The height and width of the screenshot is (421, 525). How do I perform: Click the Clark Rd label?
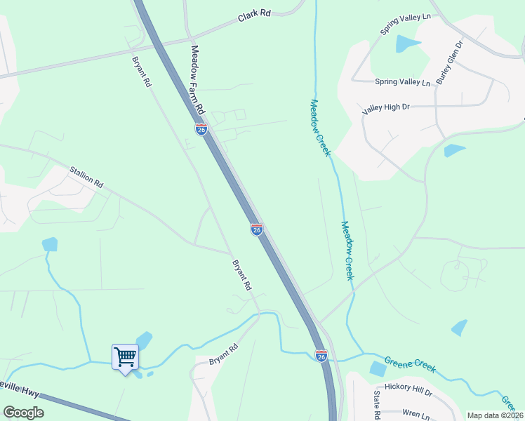coord(254,14)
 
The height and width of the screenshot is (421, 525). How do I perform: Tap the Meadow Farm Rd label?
coord(197,81)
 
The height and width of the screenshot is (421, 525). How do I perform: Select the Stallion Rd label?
coord(86,177)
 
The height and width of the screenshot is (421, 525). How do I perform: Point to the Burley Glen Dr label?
coord(450,62)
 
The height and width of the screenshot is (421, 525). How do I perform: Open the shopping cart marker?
coord(125,357)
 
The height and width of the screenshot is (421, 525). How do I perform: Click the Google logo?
coord(23,413)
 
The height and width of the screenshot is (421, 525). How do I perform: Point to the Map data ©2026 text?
coord(495,415)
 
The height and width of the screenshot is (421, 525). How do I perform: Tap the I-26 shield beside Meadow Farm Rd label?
coord(201,129)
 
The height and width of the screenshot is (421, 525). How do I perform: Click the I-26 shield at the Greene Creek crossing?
coord(321,356)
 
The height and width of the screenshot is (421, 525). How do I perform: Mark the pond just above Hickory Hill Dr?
coord(378,368)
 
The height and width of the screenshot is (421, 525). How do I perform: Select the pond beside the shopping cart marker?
coord(143,341)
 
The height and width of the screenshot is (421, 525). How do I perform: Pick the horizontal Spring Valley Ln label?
coord(402,82)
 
